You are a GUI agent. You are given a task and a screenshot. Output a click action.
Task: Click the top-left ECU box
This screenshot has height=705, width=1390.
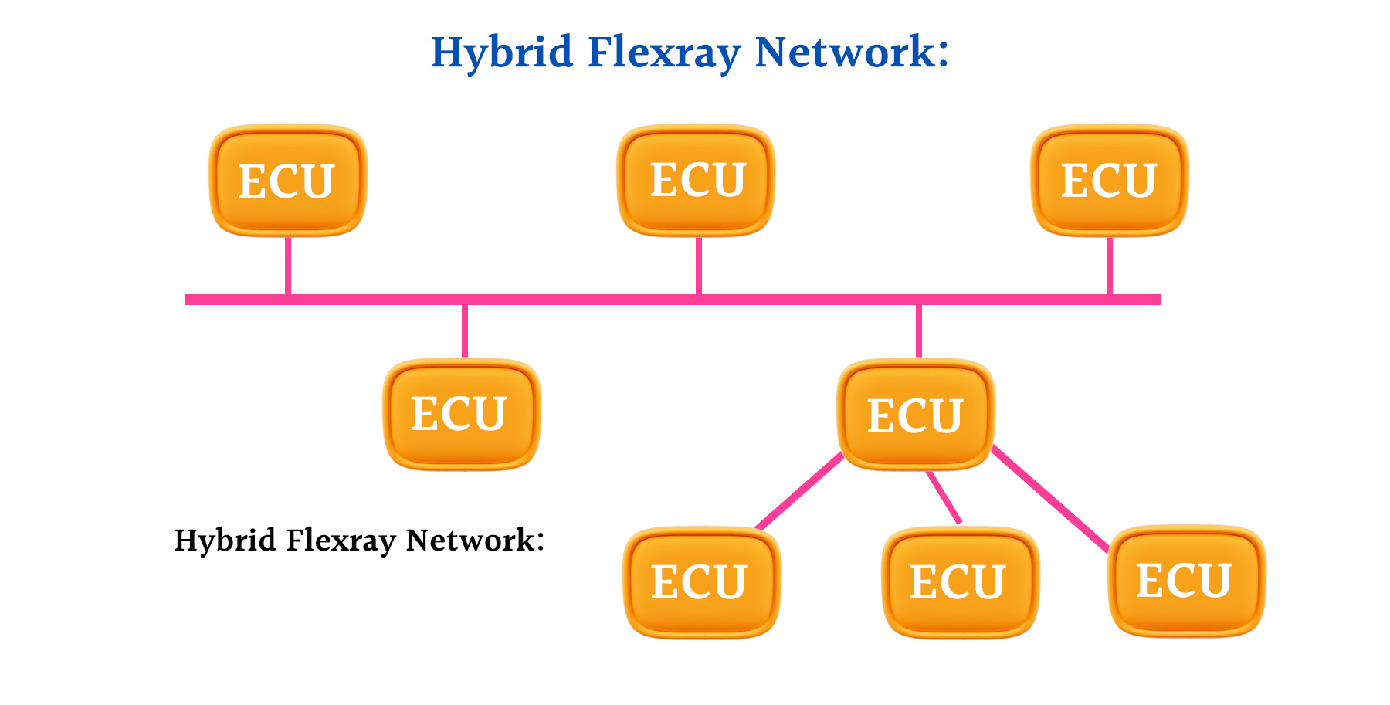(287, 181)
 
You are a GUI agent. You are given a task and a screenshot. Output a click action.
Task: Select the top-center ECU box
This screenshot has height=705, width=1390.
(697, 180)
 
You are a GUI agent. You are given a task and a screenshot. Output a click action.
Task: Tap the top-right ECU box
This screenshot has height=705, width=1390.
(1110, 180)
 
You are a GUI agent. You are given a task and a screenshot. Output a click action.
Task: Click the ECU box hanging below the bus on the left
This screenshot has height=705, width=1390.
(462, 414)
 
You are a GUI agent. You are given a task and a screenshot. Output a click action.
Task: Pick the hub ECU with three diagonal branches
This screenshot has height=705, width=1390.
(916, 415)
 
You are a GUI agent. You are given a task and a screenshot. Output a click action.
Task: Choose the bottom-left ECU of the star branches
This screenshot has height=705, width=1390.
(701, 582)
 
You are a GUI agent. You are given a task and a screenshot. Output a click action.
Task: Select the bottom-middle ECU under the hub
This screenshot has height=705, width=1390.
(959, 582)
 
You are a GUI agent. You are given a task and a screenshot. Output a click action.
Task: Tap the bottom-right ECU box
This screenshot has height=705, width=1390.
(1186, 581)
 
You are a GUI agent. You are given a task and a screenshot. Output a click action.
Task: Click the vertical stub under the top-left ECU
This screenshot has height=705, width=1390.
(288, 265)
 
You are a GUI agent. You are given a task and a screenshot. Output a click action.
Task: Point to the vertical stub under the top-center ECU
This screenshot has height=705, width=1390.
(699, 265)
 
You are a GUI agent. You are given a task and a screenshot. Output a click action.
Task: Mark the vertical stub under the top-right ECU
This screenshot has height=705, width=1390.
(1110, 265)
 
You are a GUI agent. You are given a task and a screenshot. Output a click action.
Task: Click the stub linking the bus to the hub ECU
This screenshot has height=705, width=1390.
(919, 330)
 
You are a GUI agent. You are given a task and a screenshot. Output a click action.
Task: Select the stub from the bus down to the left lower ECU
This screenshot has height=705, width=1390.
(465, 330)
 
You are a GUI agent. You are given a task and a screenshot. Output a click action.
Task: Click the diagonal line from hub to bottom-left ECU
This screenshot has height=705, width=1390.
(798, 492)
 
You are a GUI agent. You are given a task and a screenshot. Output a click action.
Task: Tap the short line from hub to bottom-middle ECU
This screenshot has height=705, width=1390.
(944, 497)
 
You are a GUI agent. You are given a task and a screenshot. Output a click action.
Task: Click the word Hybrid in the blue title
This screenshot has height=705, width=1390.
(501, 53)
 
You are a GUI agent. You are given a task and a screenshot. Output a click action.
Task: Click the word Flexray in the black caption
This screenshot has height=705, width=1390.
(341, 541)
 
